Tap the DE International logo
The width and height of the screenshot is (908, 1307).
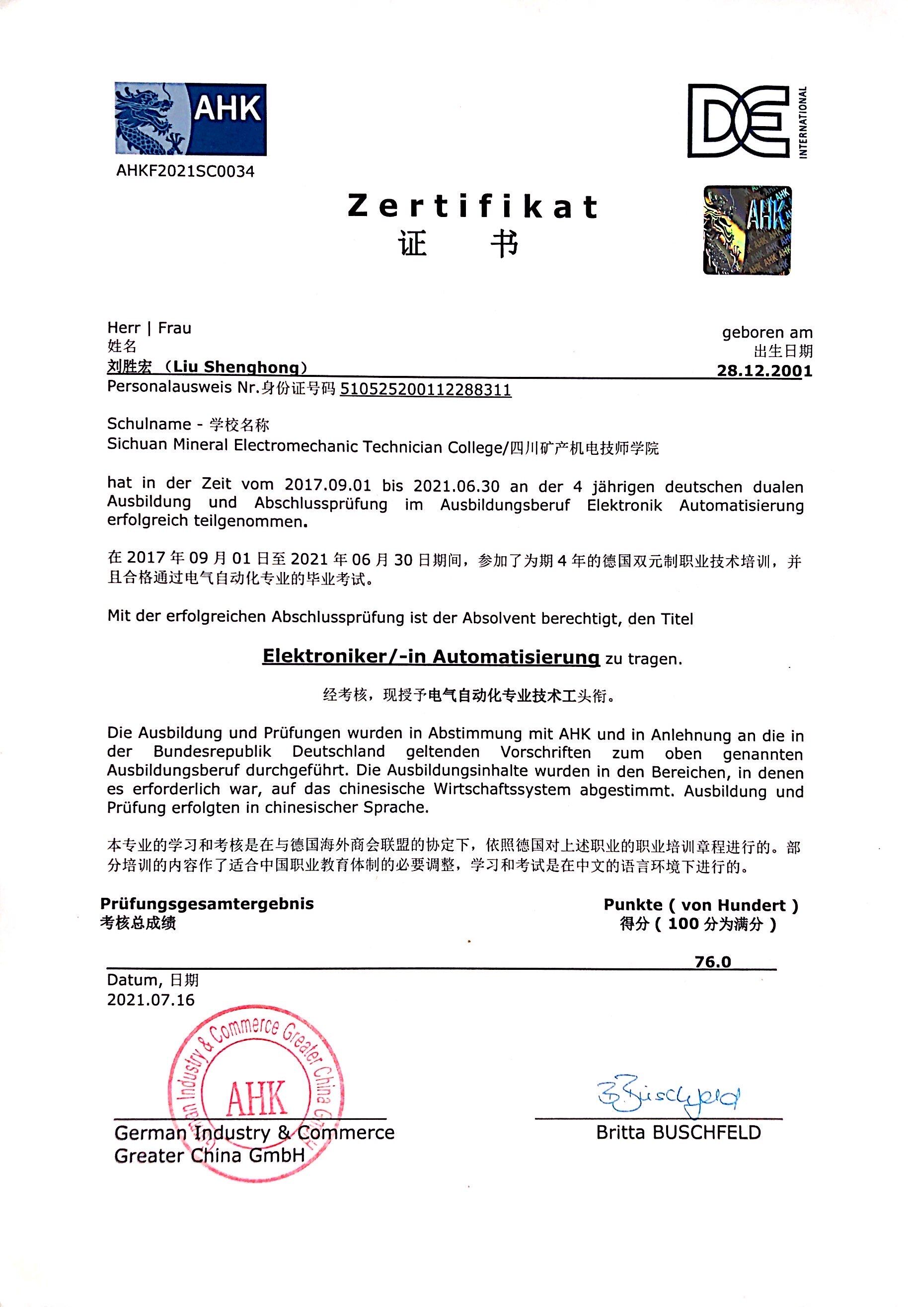click(747, 121)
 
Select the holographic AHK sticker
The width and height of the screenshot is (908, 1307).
click(747, 230)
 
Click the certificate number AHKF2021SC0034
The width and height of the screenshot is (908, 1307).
click(185, 171)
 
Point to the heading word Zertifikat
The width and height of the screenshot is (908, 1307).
click(472, 207)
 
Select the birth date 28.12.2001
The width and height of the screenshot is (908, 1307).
click(764, 371)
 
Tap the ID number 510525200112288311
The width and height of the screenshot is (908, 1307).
click(425, 390)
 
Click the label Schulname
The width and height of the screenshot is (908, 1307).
click(149, 424)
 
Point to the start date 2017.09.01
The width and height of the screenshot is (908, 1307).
click(327, 485)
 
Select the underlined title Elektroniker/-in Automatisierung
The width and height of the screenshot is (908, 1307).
click(431, 656)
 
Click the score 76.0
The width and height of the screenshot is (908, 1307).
click(712, 962)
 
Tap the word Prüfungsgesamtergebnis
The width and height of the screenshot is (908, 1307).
click(207, 903)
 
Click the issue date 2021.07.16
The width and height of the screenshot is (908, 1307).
click(151, 999)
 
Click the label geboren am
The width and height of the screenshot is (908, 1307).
click(767, 332)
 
